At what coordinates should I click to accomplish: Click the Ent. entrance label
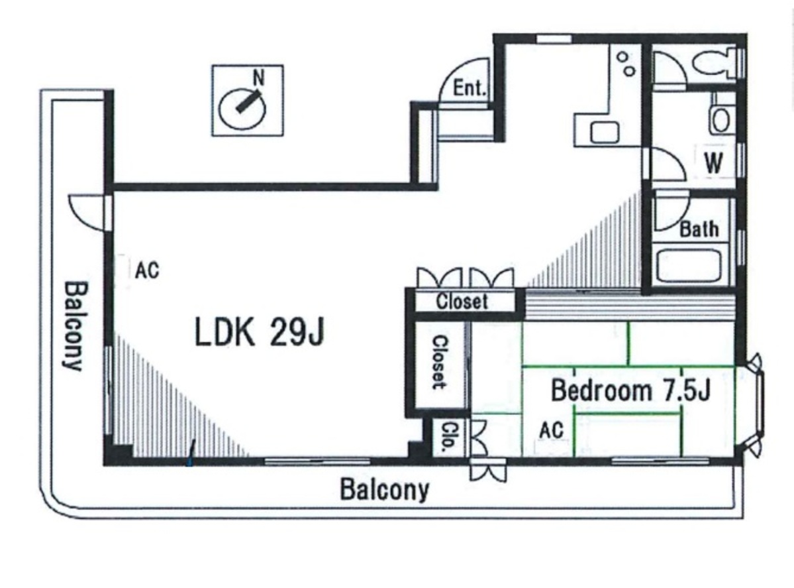470,88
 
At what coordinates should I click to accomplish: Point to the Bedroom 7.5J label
631,390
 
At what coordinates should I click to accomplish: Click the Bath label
699,229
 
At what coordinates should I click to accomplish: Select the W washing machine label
713,163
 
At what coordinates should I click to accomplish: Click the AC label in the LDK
147,270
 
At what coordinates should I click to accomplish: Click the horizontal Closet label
462,302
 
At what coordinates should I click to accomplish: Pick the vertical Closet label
440,362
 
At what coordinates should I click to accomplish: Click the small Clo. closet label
448,436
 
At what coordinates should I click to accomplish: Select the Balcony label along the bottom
384,490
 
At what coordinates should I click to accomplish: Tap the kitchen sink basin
605,133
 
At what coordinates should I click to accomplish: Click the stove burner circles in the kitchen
626,64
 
